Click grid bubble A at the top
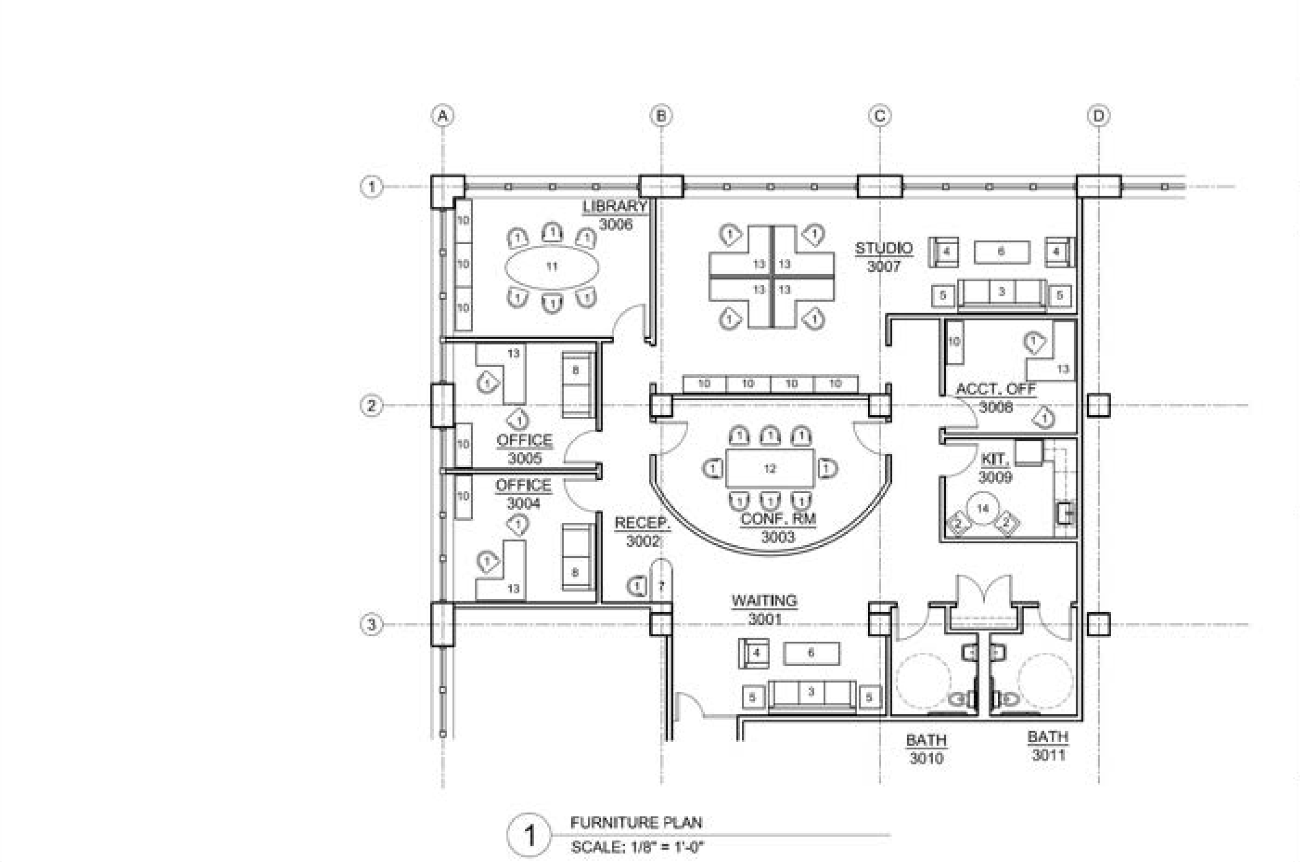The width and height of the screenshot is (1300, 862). point(443,116)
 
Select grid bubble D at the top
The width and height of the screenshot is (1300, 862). point(1098,116)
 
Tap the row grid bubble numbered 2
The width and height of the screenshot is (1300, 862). point(371,406)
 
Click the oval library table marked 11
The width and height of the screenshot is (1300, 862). point(551,267)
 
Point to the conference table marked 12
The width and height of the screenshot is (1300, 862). point(769,469)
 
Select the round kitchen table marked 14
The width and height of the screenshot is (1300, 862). point(982,509)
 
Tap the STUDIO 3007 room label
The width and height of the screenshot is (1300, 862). point(884,257)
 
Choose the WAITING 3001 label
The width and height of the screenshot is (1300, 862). point(764,609)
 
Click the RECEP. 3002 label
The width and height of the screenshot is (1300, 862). point(642,532)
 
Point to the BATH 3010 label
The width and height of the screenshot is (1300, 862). point(926,749)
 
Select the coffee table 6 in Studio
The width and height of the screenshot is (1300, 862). point(1002,252)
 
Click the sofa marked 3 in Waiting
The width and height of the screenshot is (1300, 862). point(811,695)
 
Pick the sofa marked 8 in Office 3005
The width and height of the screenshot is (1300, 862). point(577,385)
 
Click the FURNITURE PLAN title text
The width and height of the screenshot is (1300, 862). point(636,822)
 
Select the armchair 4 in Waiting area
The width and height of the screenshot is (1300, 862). point(754,654)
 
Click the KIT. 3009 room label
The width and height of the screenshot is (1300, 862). point(995,468)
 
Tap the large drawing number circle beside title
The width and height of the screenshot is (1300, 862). point(528,835)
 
